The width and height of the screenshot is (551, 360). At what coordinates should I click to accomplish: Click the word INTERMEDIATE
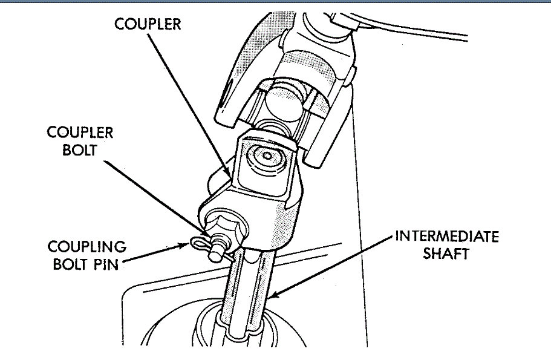click(447, 236)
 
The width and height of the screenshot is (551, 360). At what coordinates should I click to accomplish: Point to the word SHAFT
click(447, 254)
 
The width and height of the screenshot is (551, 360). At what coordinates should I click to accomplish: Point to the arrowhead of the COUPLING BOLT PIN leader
click(186, 245)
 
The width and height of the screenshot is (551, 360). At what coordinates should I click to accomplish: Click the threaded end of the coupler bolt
click(215, 255)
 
